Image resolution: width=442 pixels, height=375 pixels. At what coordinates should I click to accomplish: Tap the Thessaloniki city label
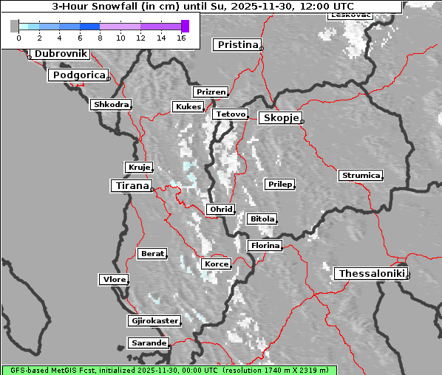[x=371, y=274]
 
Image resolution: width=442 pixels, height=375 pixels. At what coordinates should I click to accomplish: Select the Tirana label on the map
[x=131, y=186]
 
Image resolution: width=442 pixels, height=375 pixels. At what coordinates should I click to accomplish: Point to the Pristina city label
[x=237, y=45]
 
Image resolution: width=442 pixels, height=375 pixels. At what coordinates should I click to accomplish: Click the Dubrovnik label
[x=61, y=54]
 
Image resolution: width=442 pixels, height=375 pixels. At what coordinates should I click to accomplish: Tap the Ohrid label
[x=221, y=210]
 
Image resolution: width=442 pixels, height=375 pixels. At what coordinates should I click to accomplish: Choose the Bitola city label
[x=262, y=219]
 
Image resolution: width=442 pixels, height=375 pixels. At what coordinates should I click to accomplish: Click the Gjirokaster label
[x=154, y=321]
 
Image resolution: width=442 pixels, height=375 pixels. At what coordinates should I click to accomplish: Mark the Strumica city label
[x=361, y=176]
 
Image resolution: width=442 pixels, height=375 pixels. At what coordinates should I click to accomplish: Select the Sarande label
[x=149, y=343]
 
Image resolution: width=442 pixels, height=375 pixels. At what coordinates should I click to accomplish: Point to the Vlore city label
[x=113, y=279]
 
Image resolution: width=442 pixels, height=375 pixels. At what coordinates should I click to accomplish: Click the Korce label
[x=216, y=264]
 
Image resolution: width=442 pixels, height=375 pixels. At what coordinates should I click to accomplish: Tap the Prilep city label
[x=279, y=184]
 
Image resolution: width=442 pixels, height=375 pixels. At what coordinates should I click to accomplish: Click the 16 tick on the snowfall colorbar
[x=181, y=37]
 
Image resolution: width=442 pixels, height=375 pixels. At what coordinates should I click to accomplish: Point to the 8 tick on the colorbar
[x=100, y=37]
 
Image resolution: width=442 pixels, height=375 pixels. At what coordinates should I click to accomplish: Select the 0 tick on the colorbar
[x=18, y=37]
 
